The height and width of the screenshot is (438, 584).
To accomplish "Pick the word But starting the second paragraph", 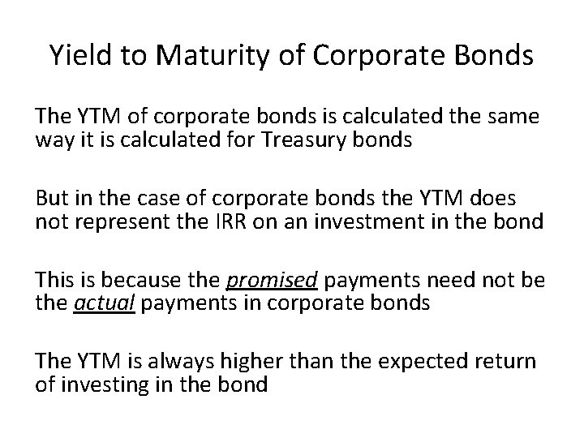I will (x=53, y=200).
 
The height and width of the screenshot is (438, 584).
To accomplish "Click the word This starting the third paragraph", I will (x=55, y=281).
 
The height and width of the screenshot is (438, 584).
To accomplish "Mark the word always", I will (x=194, y=362).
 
